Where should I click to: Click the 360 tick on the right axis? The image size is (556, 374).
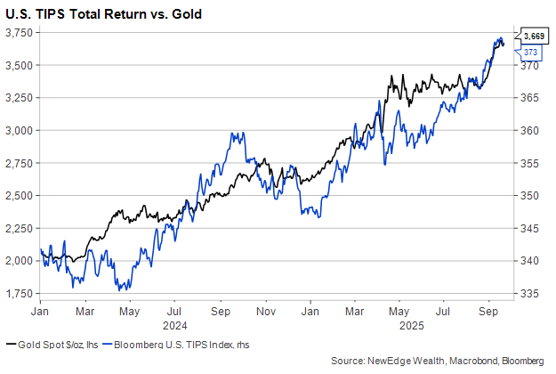[x=530, y=130]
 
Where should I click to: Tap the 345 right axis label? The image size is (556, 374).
[x=530, y=229]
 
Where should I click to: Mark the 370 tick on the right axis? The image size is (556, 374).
[x=530, y=65]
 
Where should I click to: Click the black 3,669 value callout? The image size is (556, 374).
[x=534, y=36]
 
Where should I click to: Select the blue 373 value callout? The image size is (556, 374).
[x=530, y=53]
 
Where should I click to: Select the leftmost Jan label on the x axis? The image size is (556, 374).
[x=40, y=313]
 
